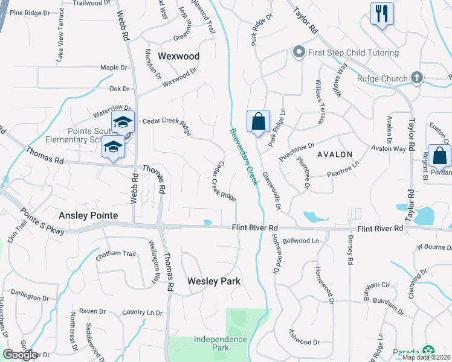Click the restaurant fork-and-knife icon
[382, 14]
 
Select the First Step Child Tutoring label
[354, 52]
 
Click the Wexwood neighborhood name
[178, 56]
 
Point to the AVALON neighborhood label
[334, 154]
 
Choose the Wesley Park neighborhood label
[214, 281]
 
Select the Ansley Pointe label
[88, 215]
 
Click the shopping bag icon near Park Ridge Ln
[259, 122]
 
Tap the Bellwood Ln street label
[300, 241]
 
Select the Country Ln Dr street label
[142, 313]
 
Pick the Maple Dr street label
[114, 68]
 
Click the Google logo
[20, 355]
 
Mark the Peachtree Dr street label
[297, 151]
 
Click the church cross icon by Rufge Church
[416, 78]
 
